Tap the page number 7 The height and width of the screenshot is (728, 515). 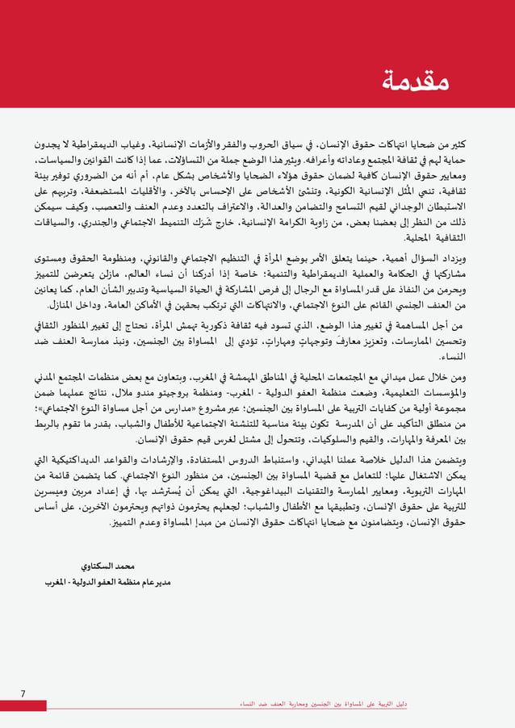click(23, 693)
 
